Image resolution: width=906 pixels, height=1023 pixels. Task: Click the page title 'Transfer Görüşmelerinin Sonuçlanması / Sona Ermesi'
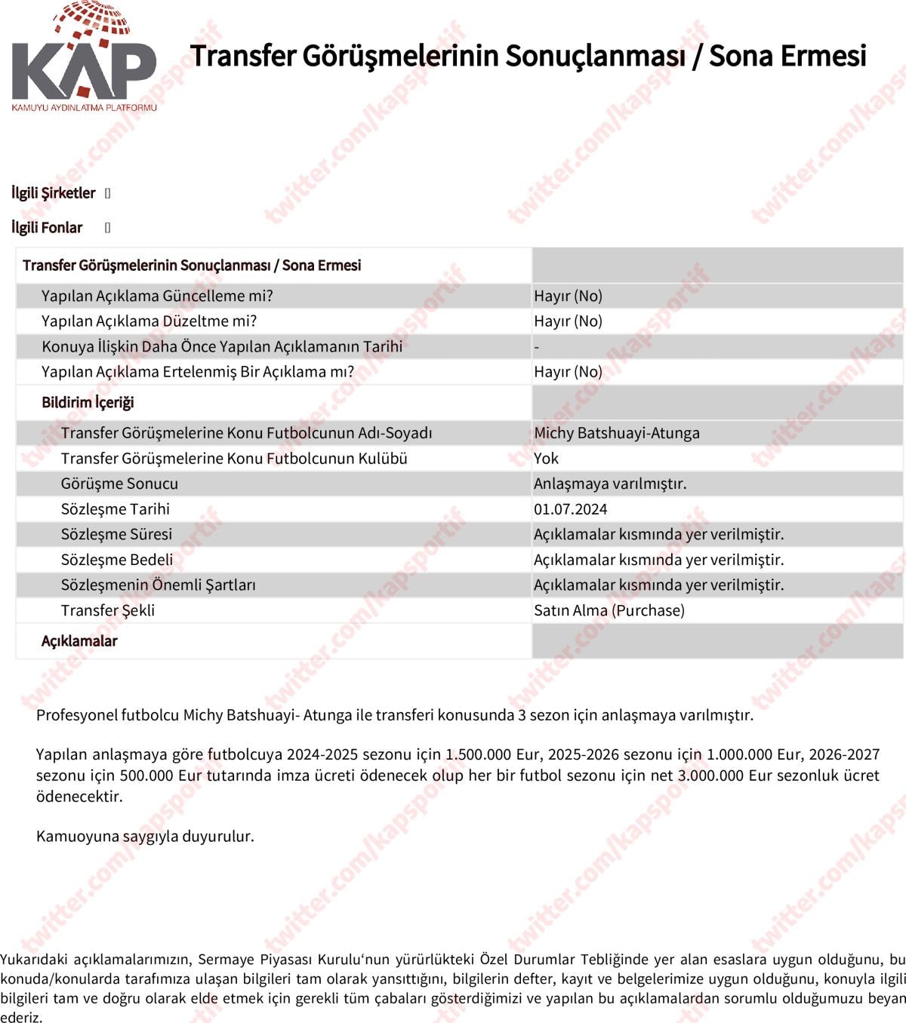[x=528, y=56]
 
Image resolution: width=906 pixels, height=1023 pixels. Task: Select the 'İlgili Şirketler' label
[x=54, y=193]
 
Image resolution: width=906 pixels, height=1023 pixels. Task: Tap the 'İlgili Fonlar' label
[x=47, y=228]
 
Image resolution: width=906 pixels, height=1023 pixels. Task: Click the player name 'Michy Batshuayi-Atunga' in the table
[x=616, y=433]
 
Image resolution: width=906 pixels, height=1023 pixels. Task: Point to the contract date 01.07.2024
[x=570, y=509]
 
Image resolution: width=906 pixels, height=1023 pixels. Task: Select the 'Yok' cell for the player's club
[x=546, y=459]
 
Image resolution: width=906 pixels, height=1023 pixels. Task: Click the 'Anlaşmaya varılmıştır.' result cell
[x=610, y=484]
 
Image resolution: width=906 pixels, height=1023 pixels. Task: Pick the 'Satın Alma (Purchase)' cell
[x=609, y=610]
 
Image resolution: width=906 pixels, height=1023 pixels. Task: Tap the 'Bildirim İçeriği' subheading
[x=88, y=402]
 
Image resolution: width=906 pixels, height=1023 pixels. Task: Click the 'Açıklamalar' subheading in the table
[x=79, y=641]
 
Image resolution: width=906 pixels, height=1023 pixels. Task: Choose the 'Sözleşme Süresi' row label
[x=116, y=534]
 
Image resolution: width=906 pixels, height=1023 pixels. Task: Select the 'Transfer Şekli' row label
[x=107, y=610]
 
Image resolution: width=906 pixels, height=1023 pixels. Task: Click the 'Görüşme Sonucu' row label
[x=119, y=484]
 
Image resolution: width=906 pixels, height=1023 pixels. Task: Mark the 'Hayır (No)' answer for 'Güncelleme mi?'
[x=568, y=296]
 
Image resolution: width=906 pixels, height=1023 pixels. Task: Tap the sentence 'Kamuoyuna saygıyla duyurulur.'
[x=145, y=836]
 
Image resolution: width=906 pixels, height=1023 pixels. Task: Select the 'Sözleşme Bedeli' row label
[x=116, y=560]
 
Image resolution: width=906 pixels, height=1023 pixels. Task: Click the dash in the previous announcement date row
[x=537, y=347]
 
